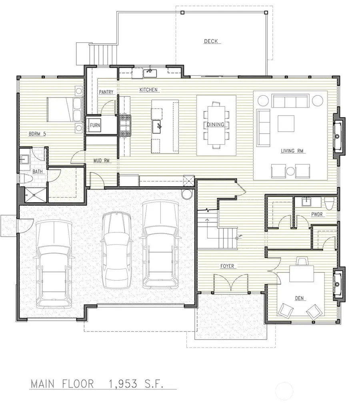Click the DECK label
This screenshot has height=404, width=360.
(x=211, y=41)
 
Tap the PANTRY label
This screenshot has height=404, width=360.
(x=106, y=92)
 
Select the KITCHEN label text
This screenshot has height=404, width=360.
(x=148, y=90)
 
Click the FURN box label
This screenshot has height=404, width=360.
(x=95, y=125)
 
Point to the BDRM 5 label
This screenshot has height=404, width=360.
(x=37, y=134)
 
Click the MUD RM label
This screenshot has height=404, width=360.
(x=102, y=161)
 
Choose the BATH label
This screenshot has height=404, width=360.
(x=38, y=172)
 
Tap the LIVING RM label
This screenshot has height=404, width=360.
(x=293, y=151)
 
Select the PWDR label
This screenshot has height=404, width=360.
(x=317, y=214)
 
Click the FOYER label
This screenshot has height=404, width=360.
(x=226, y=266)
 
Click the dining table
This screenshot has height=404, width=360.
(x=216, y=125)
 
